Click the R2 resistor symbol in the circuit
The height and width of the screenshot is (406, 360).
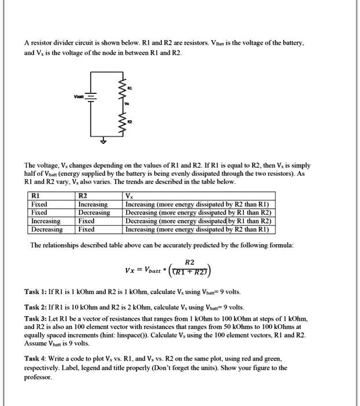coord(123,122)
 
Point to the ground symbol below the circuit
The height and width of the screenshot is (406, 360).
coord(105,141)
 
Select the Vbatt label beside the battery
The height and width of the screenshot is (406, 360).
coord(78,97)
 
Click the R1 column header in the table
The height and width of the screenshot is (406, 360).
coord(35,196)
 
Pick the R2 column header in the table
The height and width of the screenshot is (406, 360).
coord(83,196)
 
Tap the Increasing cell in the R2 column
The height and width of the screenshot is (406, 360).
coord(93,204)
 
